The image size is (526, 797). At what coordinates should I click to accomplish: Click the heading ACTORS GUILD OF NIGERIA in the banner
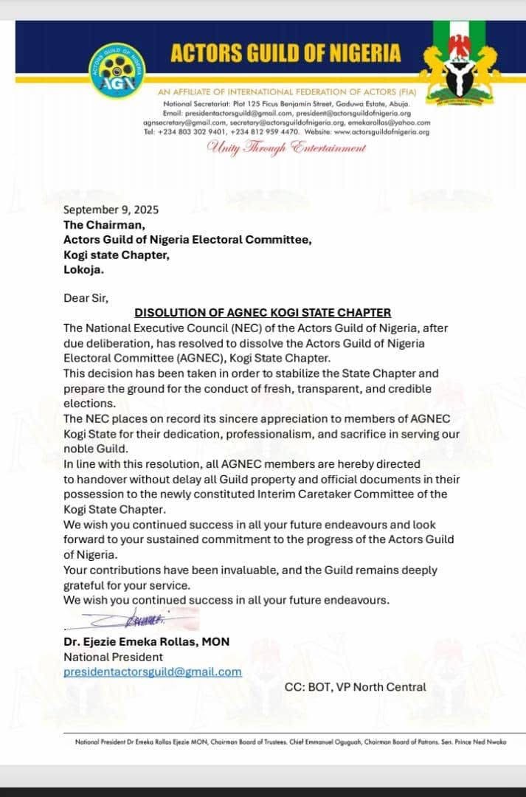(x=286, y=53)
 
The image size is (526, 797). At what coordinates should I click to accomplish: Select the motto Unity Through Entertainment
(x=287, y=148)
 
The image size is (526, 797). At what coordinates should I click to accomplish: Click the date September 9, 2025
(x=111, y=210)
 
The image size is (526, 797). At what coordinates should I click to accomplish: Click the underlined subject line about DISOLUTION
(x=263, y=313)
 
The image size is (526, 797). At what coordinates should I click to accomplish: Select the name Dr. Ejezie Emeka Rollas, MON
(x=146, y=642)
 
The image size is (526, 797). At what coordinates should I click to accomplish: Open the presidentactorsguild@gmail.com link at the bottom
(x=153, y=672)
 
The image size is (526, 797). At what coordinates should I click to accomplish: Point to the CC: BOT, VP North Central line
(x=355, y=687)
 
